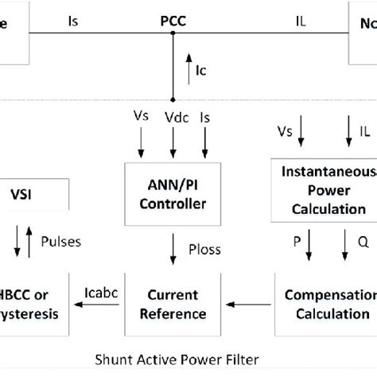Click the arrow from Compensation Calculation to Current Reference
(x=249, y=303)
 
